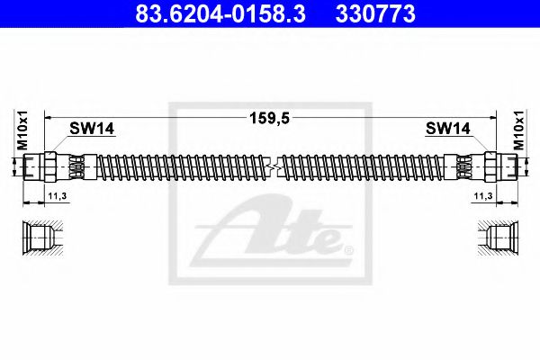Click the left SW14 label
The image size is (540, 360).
[x=90, y=130]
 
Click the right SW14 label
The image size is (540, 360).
[x=449, y=130]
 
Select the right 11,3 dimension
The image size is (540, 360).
[x=482, y=194]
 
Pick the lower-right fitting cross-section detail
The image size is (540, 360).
[x=500, y=238]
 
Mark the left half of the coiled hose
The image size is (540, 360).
[x=180, y=166]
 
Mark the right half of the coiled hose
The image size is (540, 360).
[x=360, y=166]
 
